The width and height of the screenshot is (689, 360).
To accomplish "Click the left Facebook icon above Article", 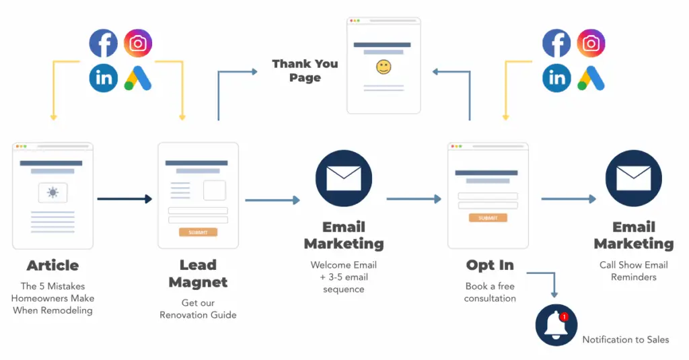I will [104, 44].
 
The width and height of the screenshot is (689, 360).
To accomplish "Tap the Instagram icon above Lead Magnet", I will [138, 44].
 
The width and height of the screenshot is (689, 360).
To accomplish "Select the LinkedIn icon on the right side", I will [556, 78].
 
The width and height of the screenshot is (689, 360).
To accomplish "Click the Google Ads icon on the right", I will [591, 78].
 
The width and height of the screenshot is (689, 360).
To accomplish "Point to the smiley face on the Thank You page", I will [384, 67].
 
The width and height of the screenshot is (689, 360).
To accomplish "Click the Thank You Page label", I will [305, 71].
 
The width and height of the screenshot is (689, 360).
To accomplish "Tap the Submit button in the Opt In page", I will [488, 218].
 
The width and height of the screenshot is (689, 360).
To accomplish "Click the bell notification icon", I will [556, 325].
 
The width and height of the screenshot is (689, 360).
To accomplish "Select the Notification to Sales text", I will [625, 340].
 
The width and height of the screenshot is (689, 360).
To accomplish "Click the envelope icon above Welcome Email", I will [344, 178].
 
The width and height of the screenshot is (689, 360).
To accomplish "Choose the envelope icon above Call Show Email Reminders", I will [633, 178].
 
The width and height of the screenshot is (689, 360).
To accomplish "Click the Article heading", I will [52, 265].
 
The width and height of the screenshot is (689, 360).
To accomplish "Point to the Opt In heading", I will [490, 265].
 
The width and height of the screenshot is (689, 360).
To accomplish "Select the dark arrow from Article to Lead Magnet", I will [124, 199].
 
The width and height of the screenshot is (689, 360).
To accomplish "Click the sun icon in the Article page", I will [52, 193].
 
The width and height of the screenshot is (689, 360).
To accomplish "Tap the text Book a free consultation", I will [490, 292].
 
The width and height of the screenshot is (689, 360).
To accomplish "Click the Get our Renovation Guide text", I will [198, 309].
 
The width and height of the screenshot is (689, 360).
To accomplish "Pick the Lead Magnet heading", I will [198, 273].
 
